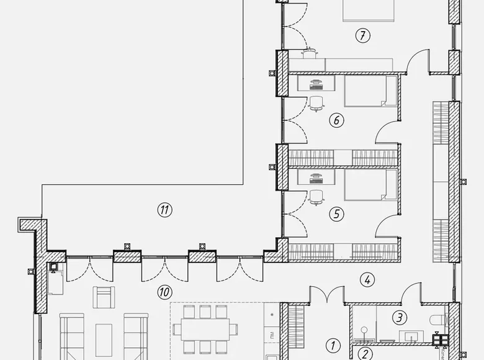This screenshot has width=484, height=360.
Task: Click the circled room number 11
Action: tap(164, 210)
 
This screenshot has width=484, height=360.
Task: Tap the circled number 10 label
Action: tap(164, 291)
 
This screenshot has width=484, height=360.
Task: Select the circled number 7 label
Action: tap(362, 35)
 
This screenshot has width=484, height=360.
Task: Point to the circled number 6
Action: tap(336, 120)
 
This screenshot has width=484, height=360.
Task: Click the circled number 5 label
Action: tap(336, 214)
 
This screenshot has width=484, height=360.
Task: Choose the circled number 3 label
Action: tap(400, 318)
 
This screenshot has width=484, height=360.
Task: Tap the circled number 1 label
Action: tap(333, 346)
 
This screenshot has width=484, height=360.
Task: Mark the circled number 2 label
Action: tap(364, 354)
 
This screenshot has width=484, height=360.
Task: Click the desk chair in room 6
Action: tap(316, 103)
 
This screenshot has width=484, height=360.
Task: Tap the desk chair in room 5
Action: tap(316, 197)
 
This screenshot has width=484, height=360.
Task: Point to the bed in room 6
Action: tap(370, 92)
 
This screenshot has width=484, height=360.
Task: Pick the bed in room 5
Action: tap(370, 186)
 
